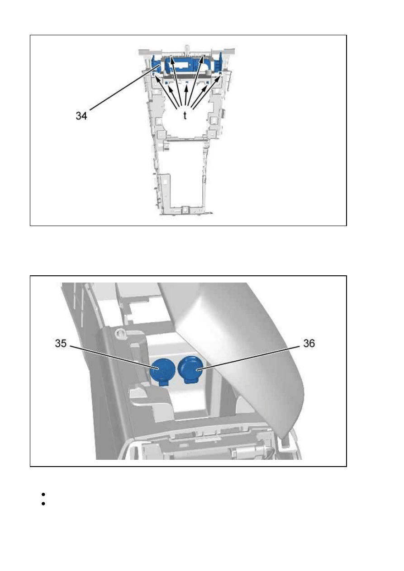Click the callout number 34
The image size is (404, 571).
pos(81,116)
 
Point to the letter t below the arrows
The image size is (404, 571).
pos(185,115)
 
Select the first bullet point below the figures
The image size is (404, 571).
pos(43,495)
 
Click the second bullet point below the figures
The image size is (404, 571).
pos(43,504)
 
